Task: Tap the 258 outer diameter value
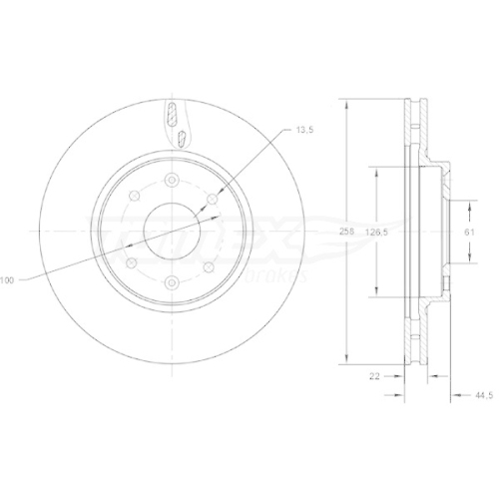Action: (345, 231)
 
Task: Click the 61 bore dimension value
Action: (467, 231)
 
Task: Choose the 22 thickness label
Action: (374, 375)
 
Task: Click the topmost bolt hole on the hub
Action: (172, 180)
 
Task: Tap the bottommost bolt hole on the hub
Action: (172, 284)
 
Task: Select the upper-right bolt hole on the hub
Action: (212, 201)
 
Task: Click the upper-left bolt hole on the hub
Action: (132, 201)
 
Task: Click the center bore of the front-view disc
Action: (172, 232)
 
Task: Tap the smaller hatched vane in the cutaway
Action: (171, 112)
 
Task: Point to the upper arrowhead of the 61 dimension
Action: (467, 204)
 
